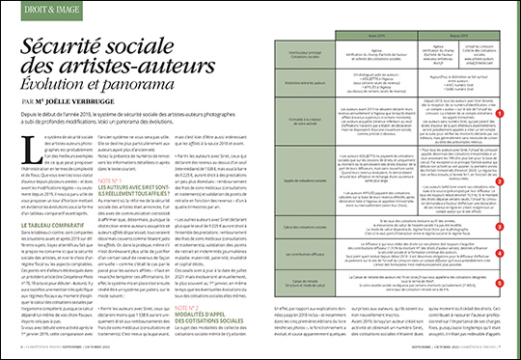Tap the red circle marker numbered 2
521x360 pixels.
pyautogui.click(x=499, y=133)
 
